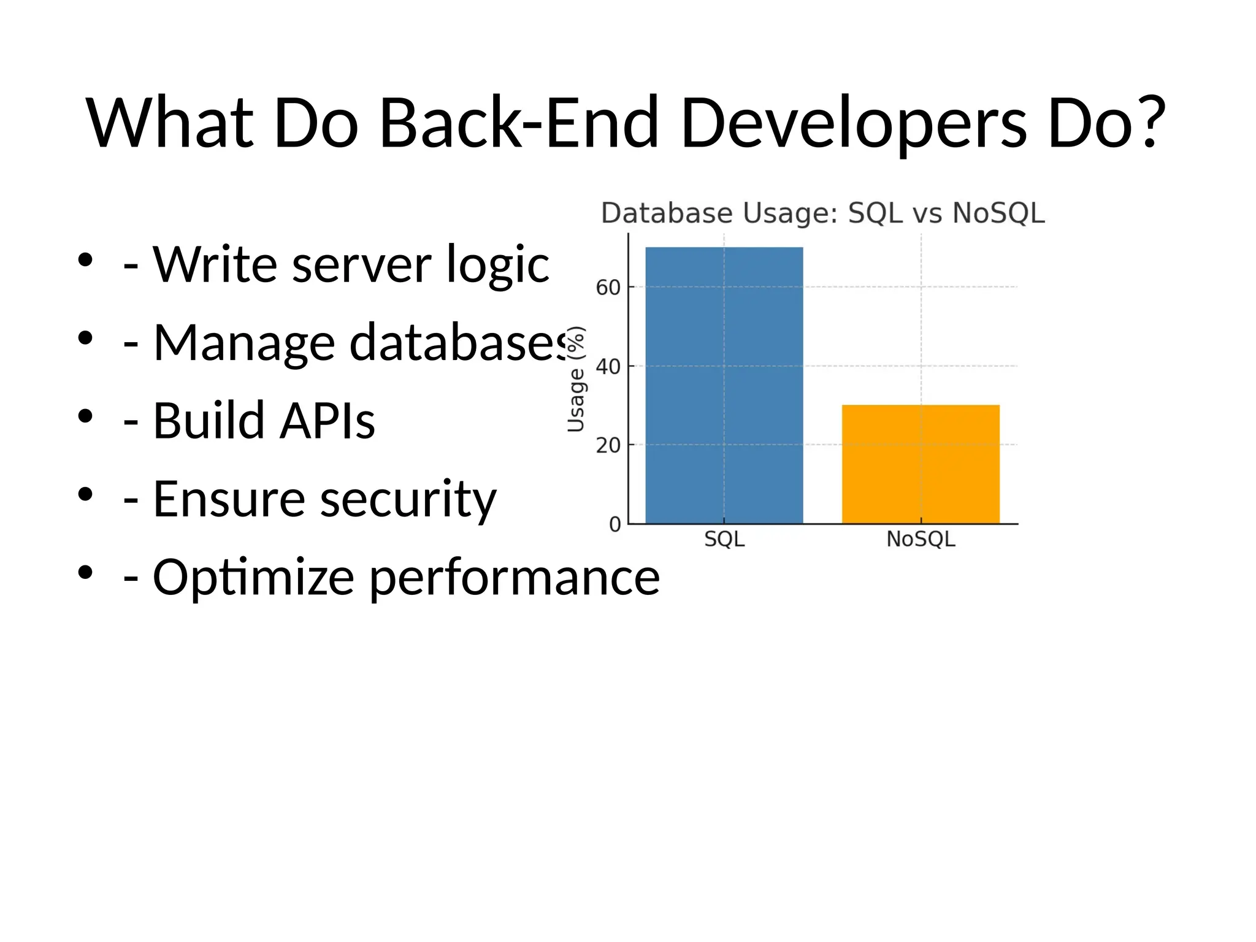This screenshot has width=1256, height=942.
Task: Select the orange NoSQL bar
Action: [921, 464]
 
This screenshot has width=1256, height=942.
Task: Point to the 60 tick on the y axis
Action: [608, 288]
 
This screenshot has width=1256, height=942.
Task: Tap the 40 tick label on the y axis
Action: [608, 367]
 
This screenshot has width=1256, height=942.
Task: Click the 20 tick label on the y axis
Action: [608, 445]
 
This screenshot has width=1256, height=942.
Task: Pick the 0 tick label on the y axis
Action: [615, 524]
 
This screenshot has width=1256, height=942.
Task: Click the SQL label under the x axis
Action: [724, 540]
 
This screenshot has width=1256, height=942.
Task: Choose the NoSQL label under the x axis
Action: [921, 540]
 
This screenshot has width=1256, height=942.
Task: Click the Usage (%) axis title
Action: [576, 380]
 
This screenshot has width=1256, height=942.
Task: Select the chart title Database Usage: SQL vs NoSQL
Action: [822, 213]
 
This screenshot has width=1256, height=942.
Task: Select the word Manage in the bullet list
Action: [243, 343]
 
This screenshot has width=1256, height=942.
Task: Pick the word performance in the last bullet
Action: [514, 578]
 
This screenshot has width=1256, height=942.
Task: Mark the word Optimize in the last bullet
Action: [253, 578]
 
